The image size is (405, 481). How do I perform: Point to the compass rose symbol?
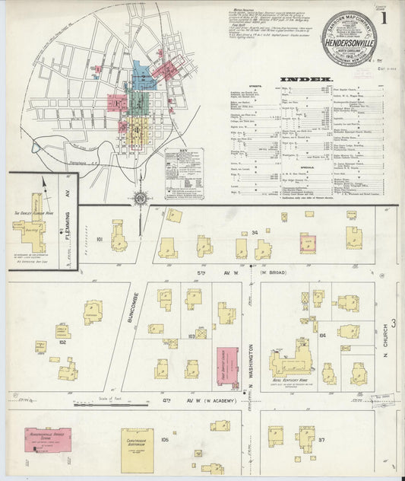[x=141, y=198]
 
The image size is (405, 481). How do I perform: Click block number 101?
[x=100, y=238]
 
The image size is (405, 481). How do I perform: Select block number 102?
[x=62, y=342]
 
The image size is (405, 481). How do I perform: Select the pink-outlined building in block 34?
[x=307, y=243]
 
